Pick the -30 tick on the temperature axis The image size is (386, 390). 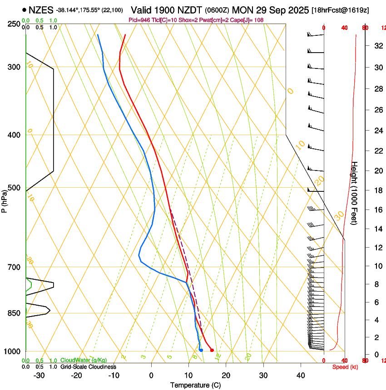tap(39, 375)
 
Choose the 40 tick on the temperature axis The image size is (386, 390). tap(301, 375)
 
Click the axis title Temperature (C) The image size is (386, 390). tap(195, 385)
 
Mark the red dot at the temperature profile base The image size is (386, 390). tap(212, 350)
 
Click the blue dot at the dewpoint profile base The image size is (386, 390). tap(201, 350)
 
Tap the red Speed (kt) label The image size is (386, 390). tap(345, 367)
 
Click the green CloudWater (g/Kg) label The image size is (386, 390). tap(84, 360)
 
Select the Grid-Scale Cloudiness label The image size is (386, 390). tap(84, 367)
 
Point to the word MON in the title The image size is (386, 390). tap(241, 10)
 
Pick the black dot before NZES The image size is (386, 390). tap(25, 10)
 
